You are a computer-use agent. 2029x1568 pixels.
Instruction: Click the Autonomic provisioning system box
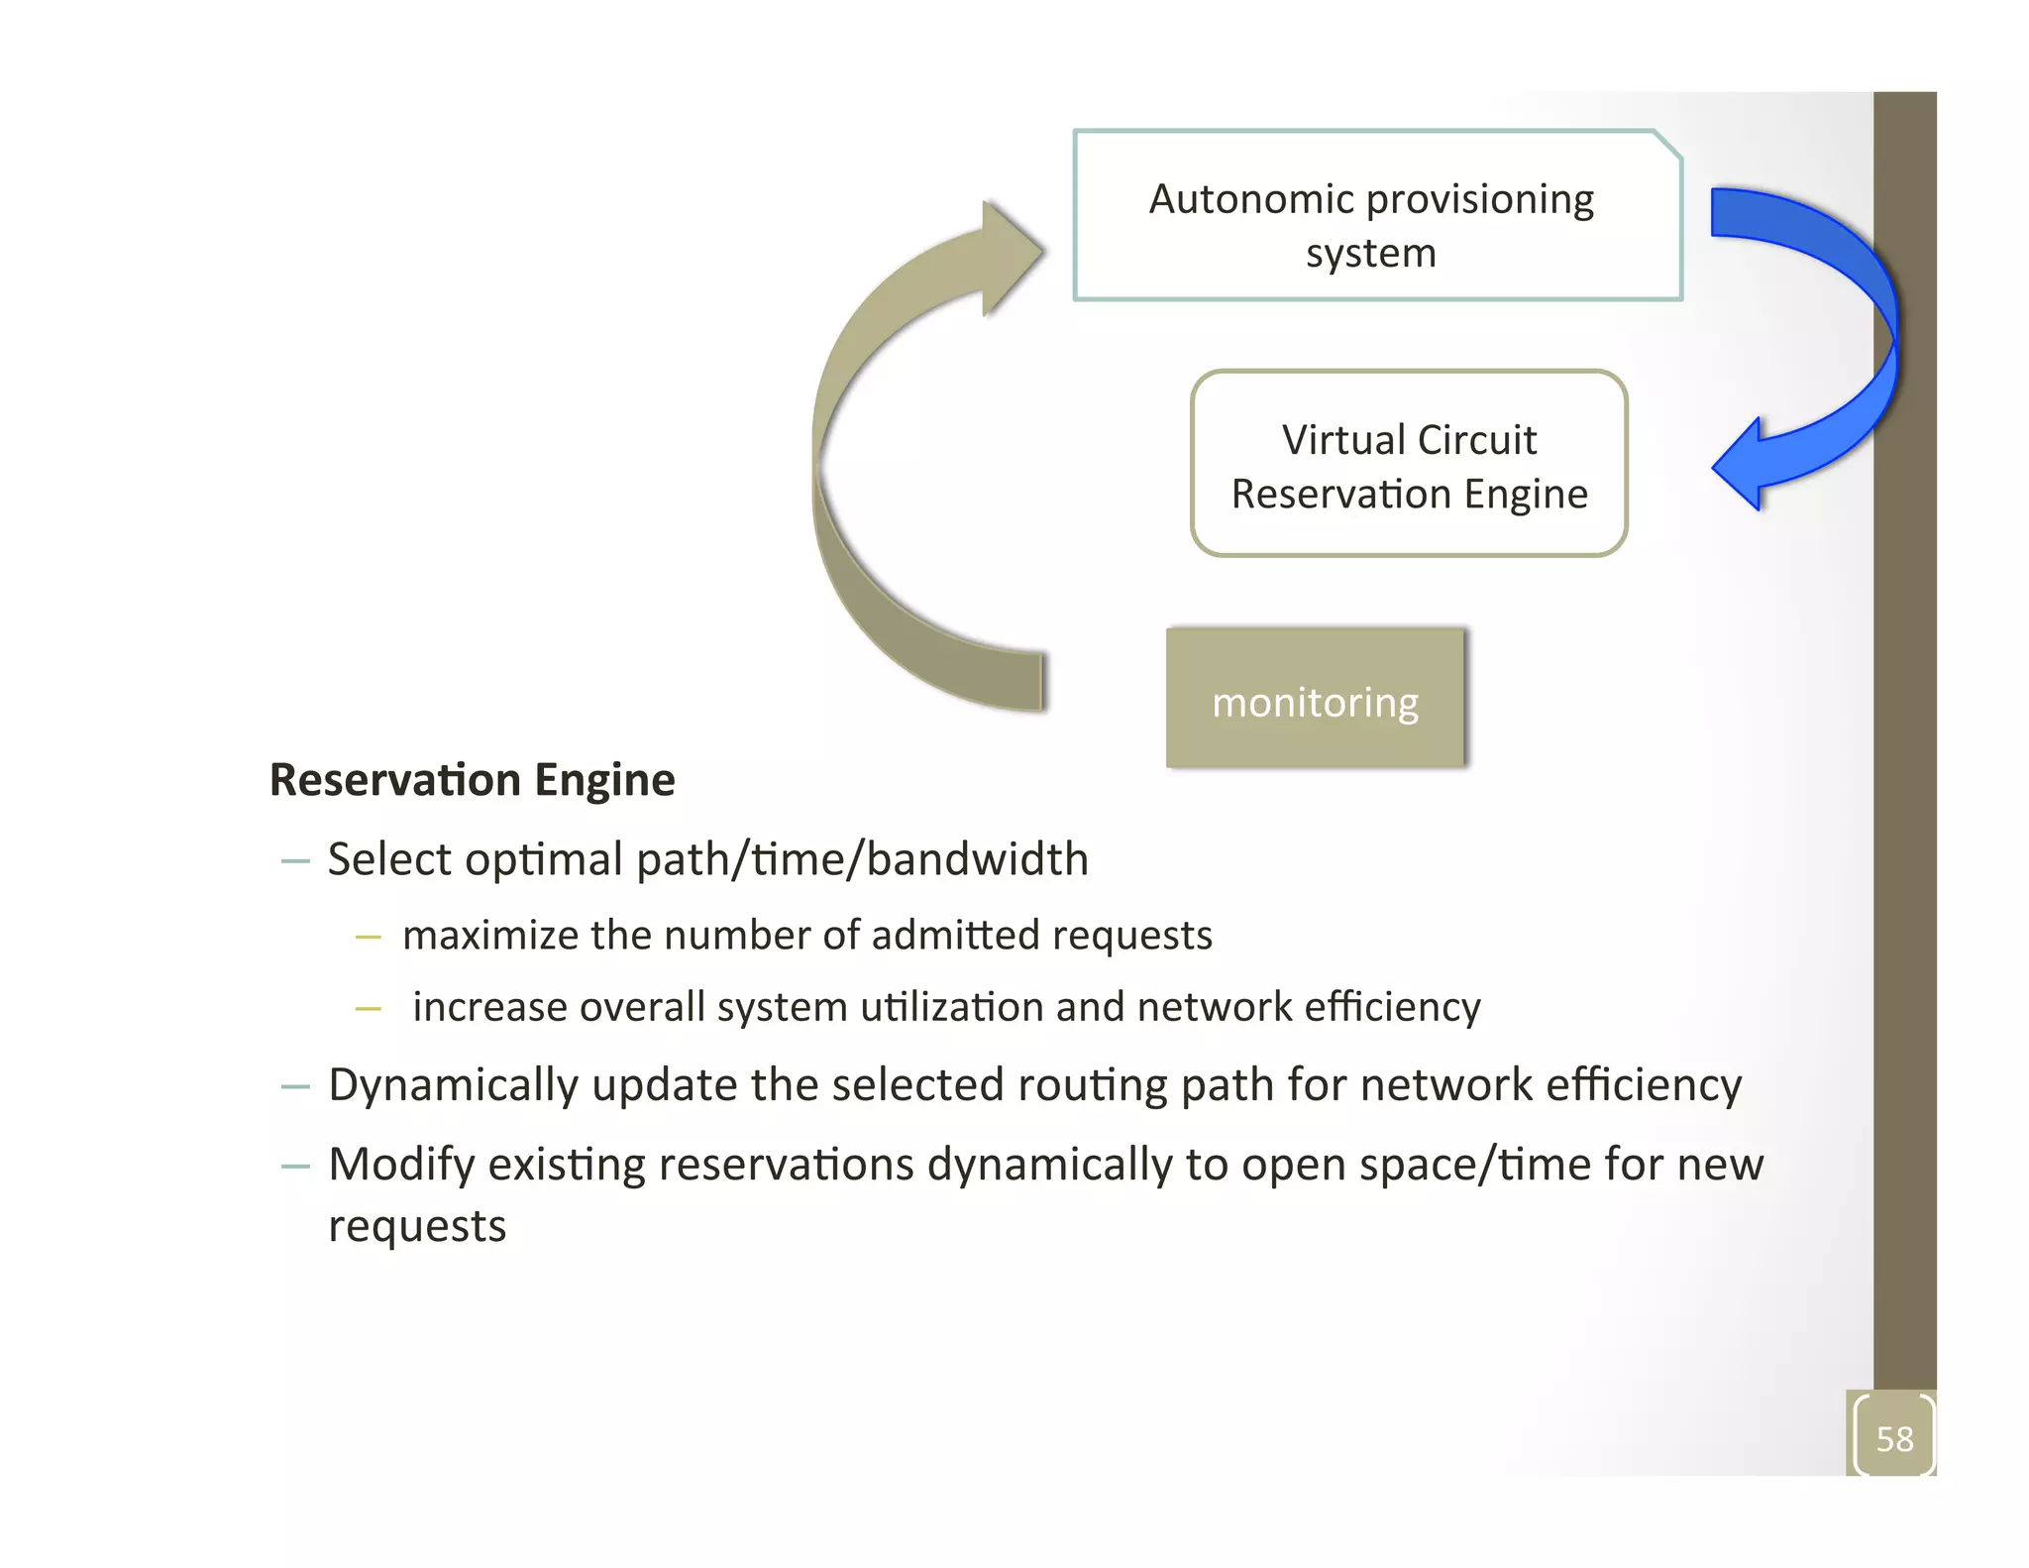click(1377, 215)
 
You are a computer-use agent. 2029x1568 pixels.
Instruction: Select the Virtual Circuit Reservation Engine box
click(1408, 464)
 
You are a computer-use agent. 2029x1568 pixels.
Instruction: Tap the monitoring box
click(1315, 699)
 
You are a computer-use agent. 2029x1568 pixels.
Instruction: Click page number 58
click(1893, 1438)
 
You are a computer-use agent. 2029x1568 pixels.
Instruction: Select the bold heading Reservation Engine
click(472, 780)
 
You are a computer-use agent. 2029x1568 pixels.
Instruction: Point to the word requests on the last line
click(417, 1227)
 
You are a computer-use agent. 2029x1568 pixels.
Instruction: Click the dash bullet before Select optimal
click(295, 861)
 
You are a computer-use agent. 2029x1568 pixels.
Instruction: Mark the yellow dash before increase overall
click(368, 1009)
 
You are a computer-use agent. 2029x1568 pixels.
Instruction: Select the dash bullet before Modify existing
click(295, 1167)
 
